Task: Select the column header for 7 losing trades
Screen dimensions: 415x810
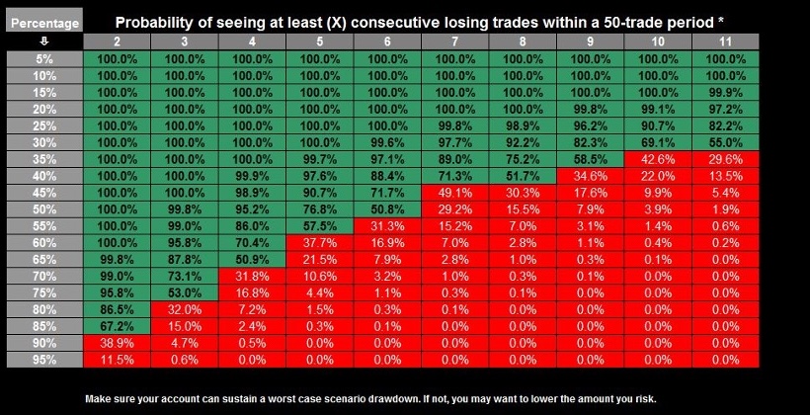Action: [454, 41]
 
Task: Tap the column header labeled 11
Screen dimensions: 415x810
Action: [725, 41]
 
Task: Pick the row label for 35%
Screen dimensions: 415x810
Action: [42, 159]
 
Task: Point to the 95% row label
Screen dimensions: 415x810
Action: [42, 361]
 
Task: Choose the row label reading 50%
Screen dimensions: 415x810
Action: [42, 209]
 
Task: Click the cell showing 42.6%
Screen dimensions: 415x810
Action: [657, 159]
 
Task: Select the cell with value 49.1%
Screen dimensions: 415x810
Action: [454, 193]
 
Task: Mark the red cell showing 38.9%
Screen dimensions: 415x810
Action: [117, 344]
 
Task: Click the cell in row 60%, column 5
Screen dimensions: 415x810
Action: [319, 243]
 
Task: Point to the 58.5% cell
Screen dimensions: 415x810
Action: [590, 159]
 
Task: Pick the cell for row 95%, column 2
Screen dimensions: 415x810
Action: [117, 361]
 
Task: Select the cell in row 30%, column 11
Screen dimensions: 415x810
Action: [725, 142]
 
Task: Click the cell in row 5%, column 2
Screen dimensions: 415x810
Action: [117, 58]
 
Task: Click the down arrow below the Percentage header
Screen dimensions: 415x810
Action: [42, 41]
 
